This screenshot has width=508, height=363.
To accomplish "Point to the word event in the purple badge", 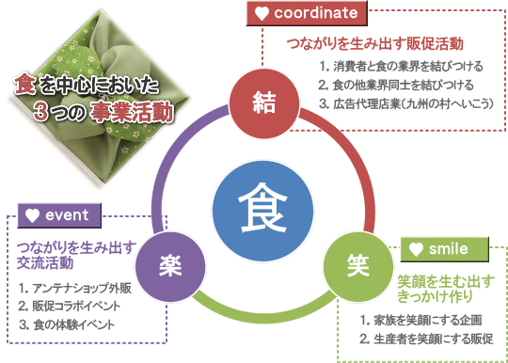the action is pyautogui.click(x=67, y=214).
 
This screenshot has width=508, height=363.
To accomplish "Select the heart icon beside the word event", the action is pyautogui.click(x=33, y=214).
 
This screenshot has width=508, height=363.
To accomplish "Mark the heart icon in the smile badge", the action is pyautogui.click(x=418, y=249).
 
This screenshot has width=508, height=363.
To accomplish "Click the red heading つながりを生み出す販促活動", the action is pyautogui.click(x=373, y=44).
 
